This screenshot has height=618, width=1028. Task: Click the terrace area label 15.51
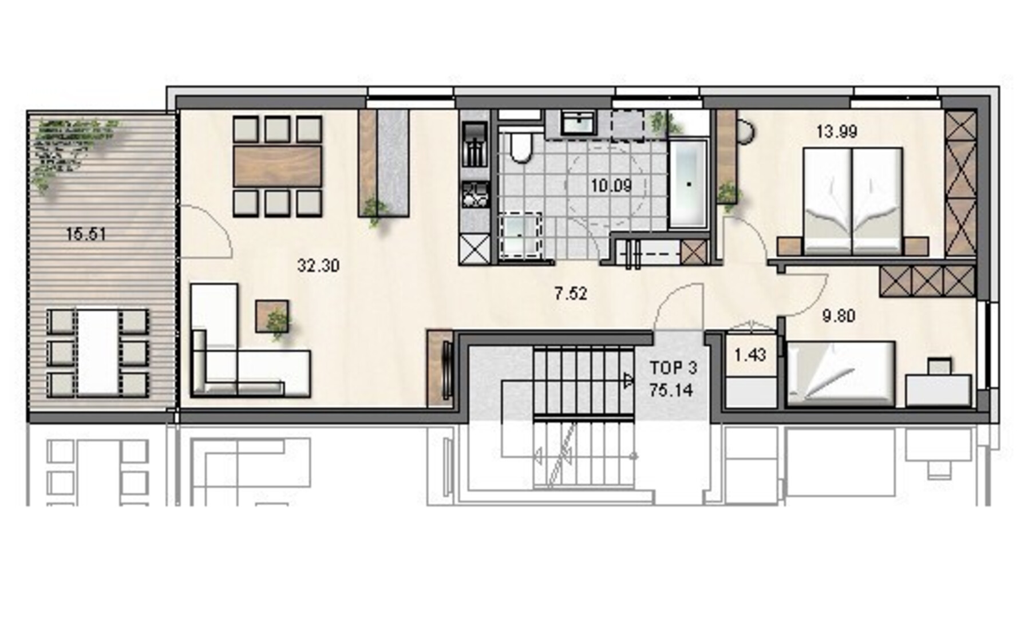click(x=86, y=234)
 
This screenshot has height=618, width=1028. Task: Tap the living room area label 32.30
click(x=318, y=266)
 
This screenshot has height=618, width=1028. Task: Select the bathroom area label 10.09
click(x=611, y=185)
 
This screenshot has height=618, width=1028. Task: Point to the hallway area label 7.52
click(x=571, y=294)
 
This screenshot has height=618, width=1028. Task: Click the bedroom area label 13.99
click(x=837, y=132)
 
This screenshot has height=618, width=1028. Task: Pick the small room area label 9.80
click(x=839, y=315)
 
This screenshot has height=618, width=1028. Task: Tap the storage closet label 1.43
click(x=750, y=355)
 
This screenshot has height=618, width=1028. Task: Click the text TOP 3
click(x=673, y=367)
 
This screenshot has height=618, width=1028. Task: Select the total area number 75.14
click(x=671, y=390)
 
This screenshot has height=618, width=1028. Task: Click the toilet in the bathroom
click(x=521, y=146)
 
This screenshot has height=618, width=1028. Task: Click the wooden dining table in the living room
click(x=277, y=167)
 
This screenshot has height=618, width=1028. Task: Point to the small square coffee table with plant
click(x=272, y=316)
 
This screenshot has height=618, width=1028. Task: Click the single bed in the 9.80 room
click(x=840, y=374)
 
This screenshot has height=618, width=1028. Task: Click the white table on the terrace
click(x=98, y=352)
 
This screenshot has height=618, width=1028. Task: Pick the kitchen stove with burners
click(x=475, y=194)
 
